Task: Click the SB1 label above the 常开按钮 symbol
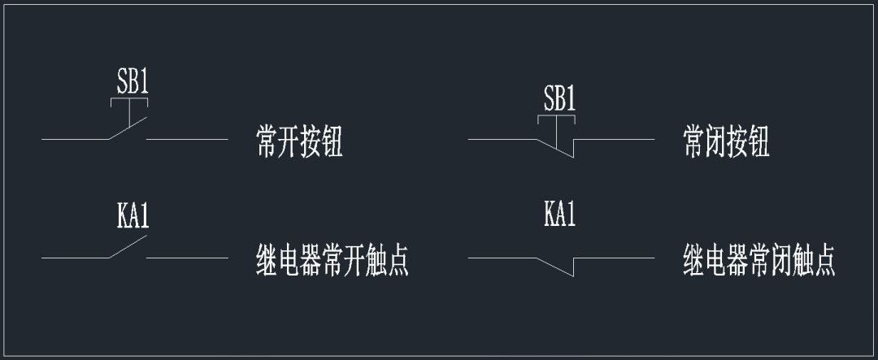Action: pos(133,83)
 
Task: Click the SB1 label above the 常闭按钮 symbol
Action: pos(559,99)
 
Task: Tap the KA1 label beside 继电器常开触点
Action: pos(133,217)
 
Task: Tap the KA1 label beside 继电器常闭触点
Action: pos(559,215)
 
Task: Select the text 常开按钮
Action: pos(298,142)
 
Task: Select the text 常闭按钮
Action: pos(725,142)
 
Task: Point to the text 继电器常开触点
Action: pos(332,260)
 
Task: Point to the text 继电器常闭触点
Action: pos(758,260)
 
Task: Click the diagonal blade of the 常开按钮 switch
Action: pos(128,128)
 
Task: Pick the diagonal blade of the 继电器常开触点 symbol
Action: pos(128,247)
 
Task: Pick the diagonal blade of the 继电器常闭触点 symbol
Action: pos(555,267)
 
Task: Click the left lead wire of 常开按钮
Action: pos(75,139)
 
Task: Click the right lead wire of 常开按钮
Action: pos(187,139)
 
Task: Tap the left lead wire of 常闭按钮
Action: pos(502,139)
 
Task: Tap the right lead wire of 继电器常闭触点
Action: pos(614,258)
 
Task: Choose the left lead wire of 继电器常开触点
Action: pos(75,258)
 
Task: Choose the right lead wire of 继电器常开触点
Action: pos(187,258)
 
